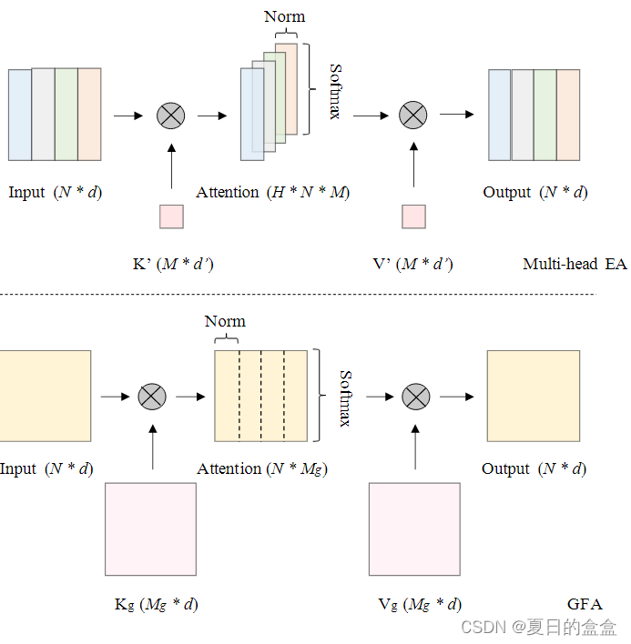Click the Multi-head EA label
click(575, 265)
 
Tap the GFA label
click(585, 604)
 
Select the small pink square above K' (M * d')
click(171, 216)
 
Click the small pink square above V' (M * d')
click(413, 216)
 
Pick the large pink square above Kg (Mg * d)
click(150, 529)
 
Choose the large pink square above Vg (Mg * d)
click(414, 529)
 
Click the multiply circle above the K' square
click(171, 116)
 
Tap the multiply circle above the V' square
click(413, 115)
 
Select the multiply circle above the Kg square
click(151, 397)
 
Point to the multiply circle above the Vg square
click(416, 397)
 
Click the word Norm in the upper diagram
click(285, 16)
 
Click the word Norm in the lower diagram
click(225, 321)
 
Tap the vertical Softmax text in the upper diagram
click(335, 91)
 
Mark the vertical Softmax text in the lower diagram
click(346, 397)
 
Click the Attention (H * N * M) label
click(273, 193)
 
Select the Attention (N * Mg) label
click(262, 469)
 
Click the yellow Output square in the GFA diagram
click(533, 396)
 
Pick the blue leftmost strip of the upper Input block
click(20, 115)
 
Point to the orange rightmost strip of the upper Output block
click(568, 115)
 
